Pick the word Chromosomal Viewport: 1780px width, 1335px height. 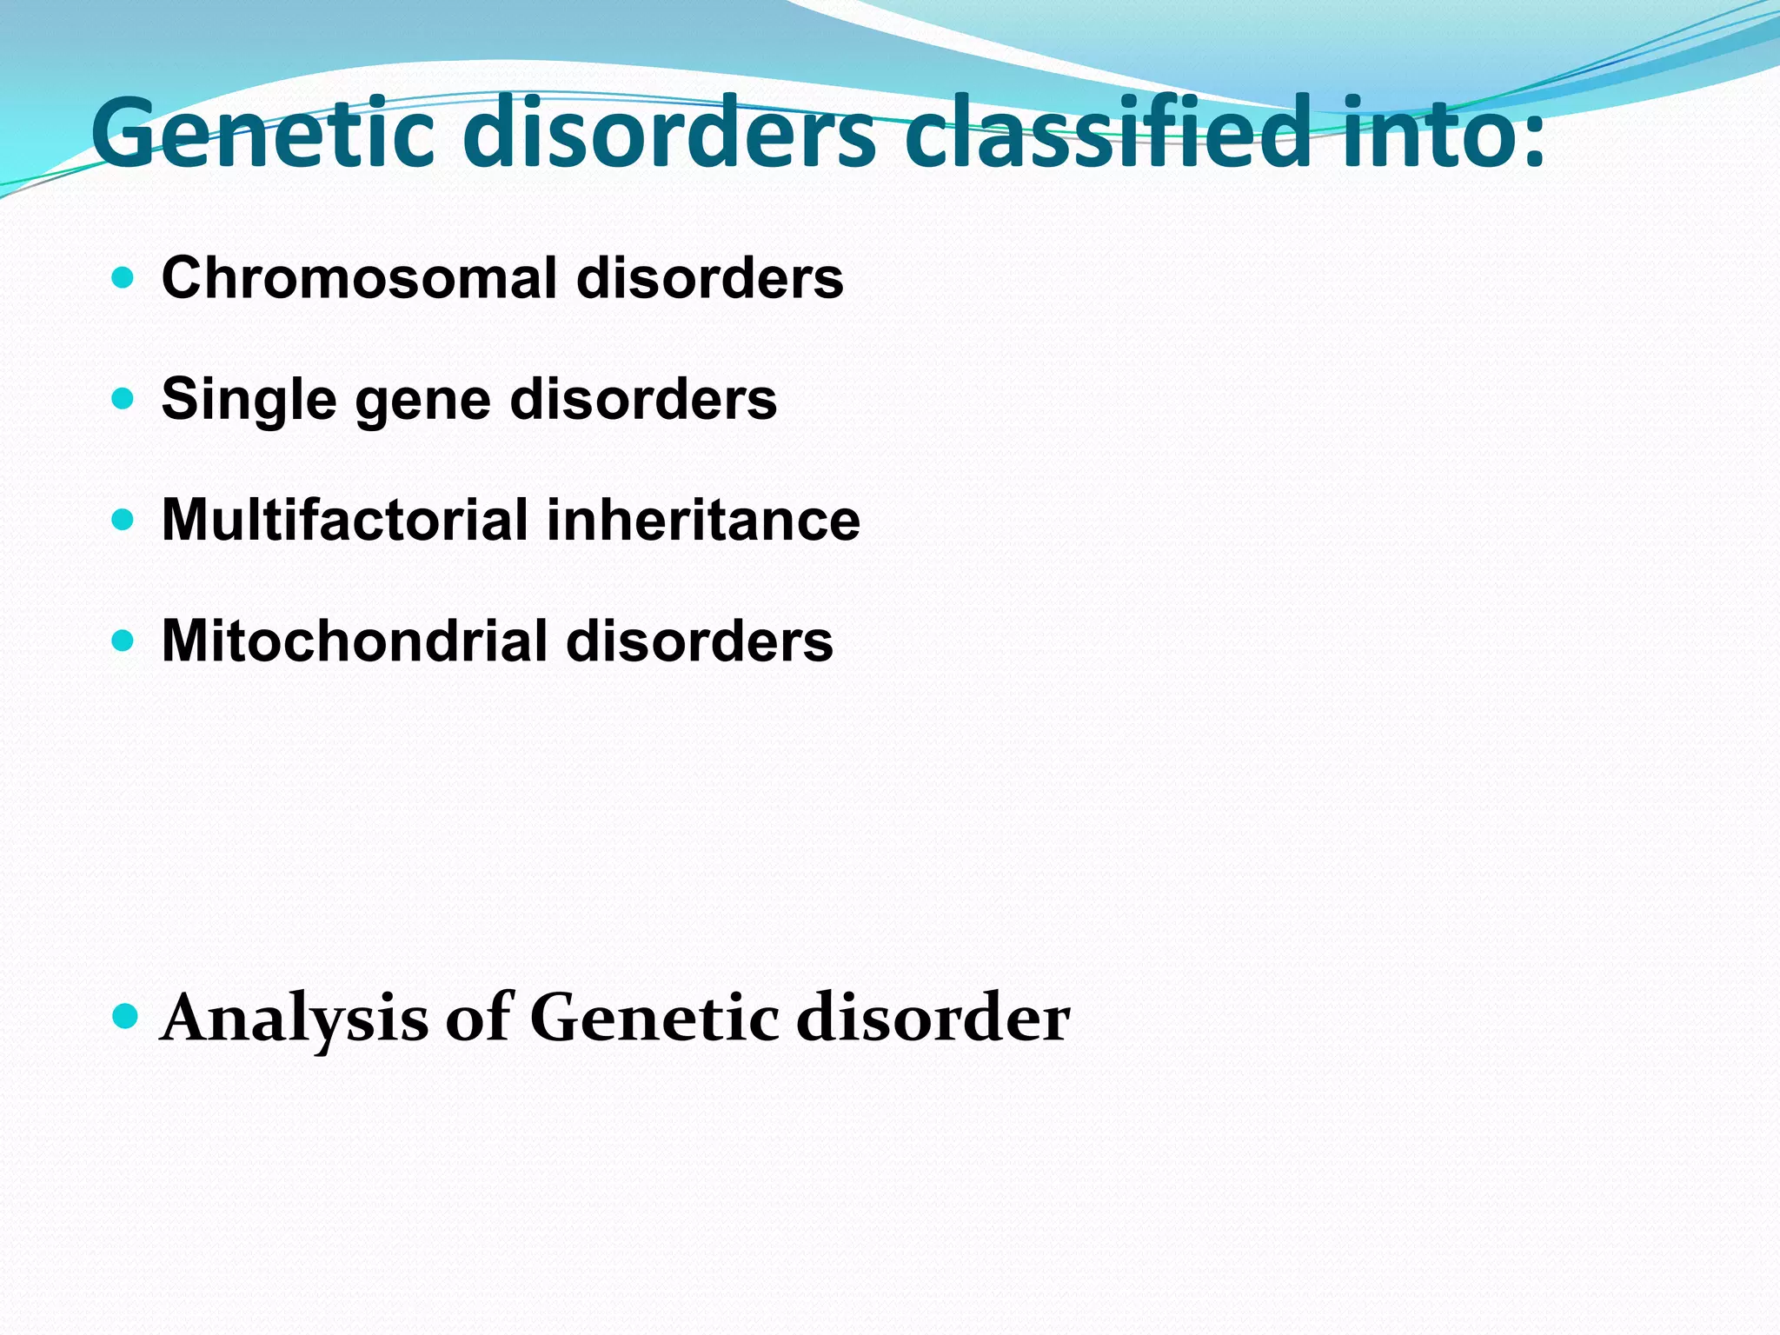click(x=359, y=279)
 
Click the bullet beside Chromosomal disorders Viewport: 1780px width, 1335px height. click(x=123, y=278)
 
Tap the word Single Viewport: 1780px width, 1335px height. click(x=249, y=400)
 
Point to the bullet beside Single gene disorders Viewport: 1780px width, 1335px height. click(x=123, y=399)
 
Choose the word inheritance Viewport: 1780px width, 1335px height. click(x=703, y=521)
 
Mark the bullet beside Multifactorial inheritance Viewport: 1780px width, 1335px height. click(x=123, y=520)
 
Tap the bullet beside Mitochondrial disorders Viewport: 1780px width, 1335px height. click(x=123, y=641)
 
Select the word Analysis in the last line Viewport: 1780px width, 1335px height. click(x=295, y=1019)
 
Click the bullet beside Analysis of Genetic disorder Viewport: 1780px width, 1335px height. click(x=125, y=1015)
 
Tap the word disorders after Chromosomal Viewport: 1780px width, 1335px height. click(x=709, y=279)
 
